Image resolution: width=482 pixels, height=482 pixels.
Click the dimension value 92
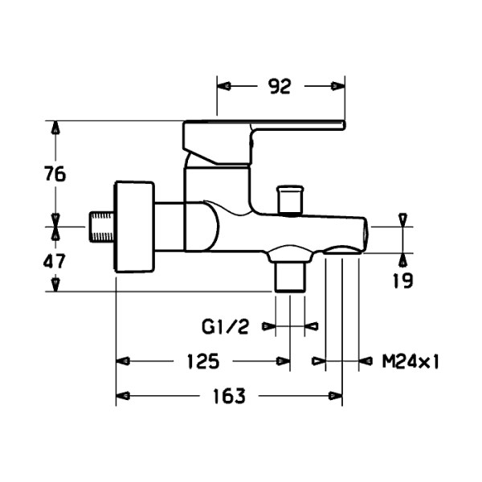[280, 87]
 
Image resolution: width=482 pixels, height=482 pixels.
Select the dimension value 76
[55, 174]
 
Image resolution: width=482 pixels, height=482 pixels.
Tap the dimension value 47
[55, 262]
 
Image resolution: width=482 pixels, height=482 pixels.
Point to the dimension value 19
[403, 280]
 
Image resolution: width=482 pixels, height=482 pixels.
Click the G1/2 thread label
[225, 326]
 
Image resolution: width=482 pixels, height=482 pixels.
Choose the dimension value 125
[203, 361]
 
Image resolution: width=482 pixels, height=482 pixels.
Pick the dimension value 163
[230, 396]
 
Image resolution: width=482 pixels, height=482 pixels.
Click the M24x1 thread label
[411, 361]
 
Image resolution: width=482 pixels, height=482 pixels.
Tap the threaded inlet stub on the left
[101, 227]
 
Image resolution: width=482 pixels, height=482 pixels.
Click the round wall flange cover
[134, 227]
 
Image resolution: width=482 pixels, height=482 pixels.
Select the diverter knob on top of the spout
[290, 199]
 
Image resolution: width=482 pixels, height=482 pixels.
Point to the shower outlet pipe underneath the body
[290, 276]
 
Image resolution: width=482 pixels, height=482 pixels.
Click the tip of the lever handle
[344, 125]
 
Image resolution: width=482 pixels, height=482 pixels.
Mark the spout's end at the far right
[365, 235]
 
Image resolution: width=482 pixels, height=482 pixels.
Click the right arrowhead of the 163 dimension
[335, 396]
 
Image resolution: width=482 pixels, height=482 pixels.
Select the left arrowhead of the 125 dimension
[123, 361]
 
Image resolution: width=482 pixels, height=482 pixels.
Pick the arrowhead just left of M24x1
[366, 361]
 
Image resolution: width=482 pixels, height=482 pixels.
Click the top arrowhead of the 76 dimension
[55, 127]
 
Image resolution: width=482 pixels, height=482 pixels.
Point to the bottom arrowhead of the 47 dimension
[55, 285]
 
